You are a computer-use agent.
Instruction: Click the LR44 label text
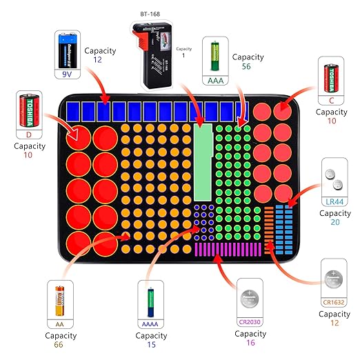click(x=334, y=201)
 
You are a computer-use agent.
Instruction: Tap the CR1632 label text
click(x=334, y=301)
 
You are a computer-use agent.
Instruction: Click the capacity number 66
click(x=60, y=347)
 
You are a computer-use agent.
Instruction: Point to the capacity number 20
click(x=334, y=223)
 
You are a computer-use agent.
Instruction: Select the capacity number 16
click(x=250, y=343)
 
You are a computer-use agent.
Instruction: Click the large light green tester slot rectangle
click(x=204, y=163)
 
